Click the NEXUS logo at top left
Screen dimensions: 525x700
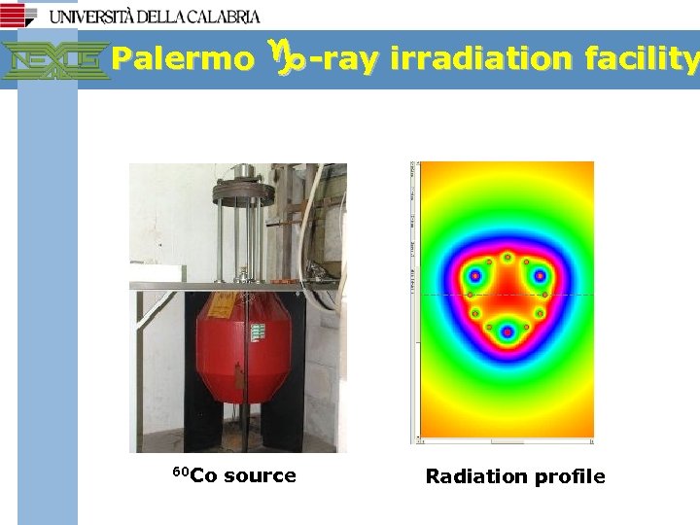click(54, 60)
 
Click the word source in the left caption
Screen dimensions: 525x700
click(260, 475)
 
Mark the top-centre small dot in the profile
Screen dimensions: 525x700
click(507, 257)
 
